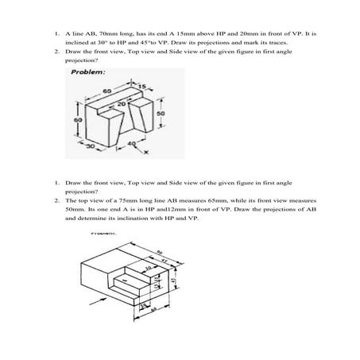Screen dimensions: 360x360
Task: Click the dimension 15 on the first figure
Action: (x=144, y=85)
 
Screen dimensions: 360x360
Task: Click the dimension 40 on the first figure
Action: (x=131, y=144)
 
